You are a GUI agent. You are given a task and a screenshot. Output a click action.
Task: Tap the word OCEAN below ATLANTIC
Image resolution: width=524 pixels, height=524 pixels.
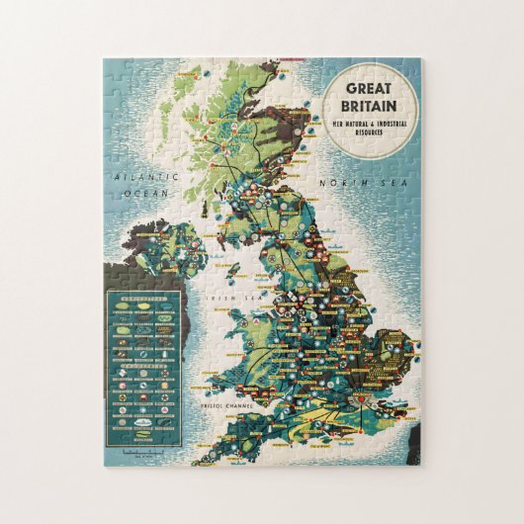coord(145,194)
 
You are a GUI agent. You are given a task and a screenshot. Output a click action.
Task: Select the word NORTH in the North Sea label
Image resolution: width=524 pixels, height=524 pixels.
coord(337,182)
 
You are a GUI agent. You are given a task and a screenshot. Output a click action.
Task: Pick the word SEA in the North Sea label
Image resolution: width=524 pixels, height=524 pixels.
coord(372,182)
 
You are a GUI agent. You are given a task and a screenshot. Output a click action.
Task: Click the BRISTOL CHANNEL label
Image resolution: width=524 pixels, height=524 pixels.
coord(225,405)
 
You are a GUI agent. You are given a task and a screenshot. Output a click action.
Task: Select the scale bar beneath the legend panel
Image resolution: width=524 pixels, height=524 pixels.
coord(148,453)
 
